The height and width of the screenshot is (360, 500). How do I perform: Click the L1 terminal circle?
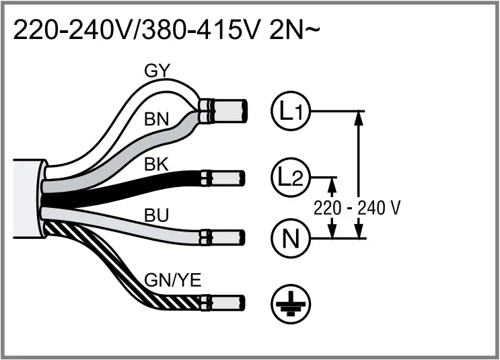[290, 111]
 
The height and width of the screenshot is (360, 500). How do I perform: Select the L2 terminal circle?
[290, 178]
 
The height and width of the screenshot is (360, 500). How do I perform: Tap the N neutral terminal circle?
[290, 238]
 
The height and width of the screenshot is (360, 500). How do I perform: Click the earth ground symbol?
[290, 304]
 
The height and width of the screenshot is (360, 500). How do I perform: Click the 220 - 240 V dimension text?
[357, 208]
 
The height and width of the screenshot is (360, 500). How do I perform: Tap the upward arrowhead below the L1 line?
[358, 118]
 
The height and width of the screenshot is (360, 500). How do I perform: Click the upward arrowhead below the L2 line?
[331, 184]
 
